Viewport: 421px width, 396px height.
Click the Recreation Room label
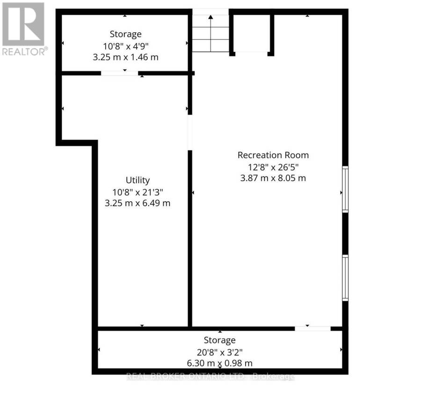(273, 155)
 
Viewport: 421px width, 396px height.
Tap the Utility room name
(138, 180)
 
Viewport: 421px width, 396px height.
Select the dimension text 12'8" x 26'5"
(273, 167)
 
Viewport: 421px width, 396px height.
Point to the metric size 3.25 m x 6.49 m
(138, 203)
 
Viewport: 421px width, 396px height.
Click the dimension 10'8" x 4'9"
(126, 46)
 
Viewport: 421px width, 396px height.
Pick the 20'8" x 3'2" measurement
(220, 352)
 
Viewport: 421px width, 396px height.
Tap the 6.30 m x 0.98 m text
(220, 363)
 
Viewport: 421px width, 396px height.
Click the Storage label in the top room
(126, 34)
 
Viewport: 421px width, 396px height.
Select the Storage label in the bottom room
(220, 340)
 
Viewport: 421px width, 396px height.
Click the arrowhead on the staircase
(211, 17)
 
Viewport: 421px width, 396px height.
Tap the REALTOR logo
(24, 28)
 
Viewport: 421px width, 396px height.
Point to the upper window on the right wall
(345, 189)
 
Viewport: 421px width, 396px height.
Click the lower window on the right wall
(345, 278)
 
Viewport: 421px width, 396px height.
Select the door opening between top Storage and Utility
(120, 73)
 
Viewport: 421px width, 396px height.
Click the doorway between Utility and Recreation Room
(190, 133)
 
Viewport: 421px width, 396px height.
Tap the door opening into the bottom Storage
(313, 329)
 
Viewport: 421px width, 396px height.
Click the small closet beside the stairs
(252, 33)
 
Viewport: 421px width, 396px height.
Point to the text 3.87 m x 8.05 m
(273, 178)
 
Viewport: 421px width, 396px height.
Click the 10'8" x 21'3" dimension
(138, 192)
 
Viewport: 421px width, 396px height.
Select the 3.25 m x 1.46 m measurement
(126, 57)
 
